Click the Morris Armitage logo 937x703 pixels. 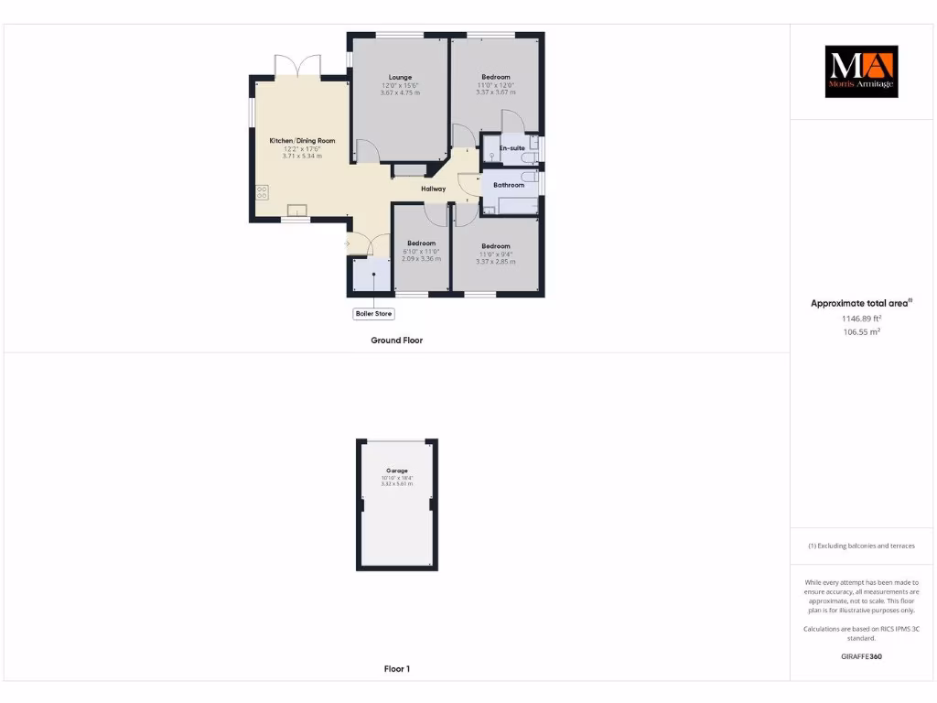pyautogui.click(x=861, y=71)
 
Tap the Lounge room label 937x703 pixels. pyautogui.click(x=400, y=77)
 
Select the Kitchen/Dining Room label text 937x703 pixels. pyautogui.click(x=302, y=141)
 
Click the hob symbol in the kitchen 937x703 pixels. pyautogui.click(x=263, y=192)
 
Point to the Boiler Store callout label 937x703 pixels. pyautogui.click(x=373, y=314)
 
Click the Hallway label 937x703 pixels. pyautogui.click(x=433, y=189)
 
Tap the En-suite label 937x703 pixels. pyautogui.click(x=512, y=147)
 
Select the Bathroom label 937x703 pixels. pyautogui.click(x=509, y=185)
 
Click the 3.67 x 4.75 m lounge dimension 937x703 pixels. pyautogui.click(x=400, y=92)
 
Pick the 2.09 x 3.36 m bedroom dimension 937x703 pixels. pyautogui.click(x=421, y=259)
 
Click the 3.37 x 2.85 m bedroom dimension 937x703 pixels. pyautogui.click(x=495, y=262)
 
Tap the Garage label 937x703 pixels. pyautogui.click(x=397, y=470)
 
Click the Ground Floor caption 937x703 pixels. pyautogui.click(x=396, y=341)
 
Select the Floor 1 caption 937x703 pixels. pyautogui.click(x=396, y=669)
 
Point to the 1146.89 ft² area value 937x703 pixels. pyautogui.click(x=861, y=319)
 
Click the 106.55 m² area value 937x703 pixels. pyautogui.click(x=861, y=332)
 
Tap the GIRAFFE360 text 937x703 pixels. pyautogui.click(x=861, y=656)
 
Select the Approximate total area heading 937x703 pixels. pyautogui.click(x=860, y=303)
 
